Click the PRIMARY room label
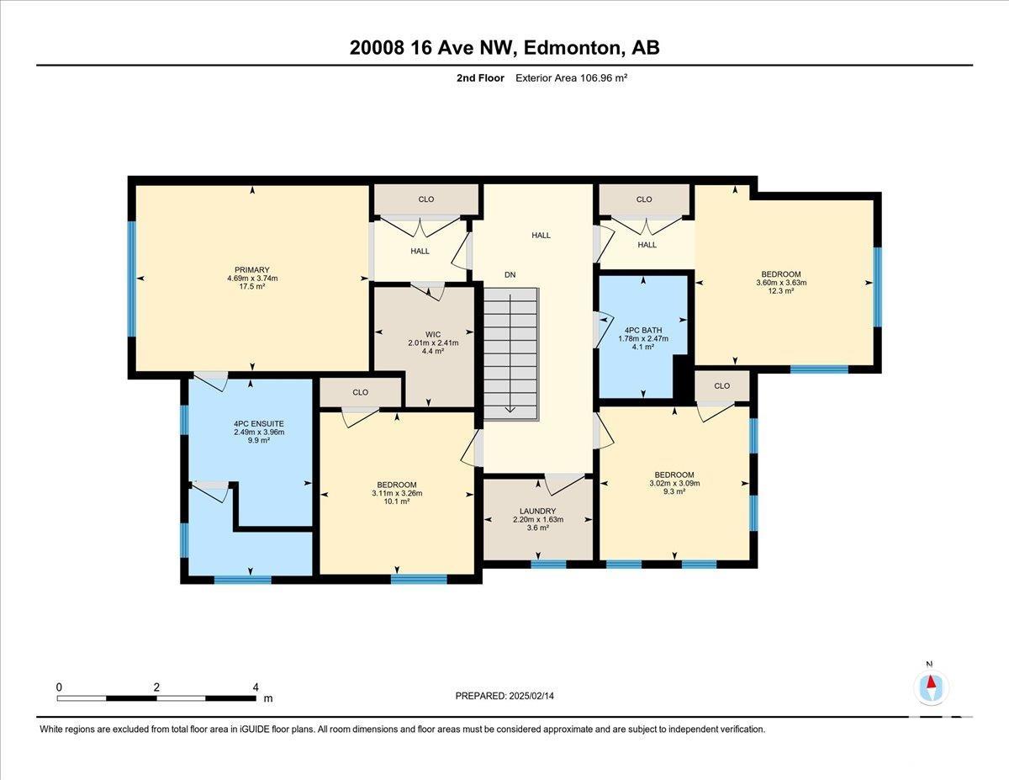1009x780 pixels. pyautogui.click(x=252, y=270)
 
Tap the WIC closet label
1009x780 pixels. pyautogui.click(x=433, y=335)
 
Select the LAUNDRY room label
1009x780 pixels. pyautogui.click(x=538, y=511)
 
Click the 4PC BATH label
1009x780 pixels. pyautogui.click(x=643, y=331)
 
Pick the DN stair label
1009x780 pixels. pyautogui.click(x=510, y=274)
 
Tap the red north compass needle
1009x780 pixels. pyautogui.click(x=931, y=682)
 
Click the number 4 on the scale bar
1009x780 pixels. pyautogui.click(x=256, y=687)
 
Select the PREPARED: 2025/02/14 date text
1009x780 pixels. pyautogui.click(x=504, y=696)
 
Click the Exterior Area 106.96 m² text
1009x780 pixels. pyautogui.click(x=571, y=78)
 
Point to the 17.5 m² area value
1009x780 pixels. pyautogui.click(x=252, y=287)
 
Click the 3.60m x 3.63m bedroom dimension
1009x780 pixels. pyautogui.click(x=781, y=283)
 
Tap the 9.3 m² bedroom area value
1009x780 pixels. pyautogui.click(x=674, y=491)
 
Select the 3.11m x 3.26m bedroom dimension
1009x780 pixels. pyautogui.click(x=397, y=493)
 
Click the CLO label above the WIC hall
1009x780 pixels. pyautogui.click(x=426, y=199)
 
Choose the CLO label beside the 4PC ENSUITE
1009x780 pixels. pyautogui.click(x=361, y=392)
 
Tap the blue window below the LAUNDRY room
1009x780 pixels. pyautogui.click(x=548, y=564)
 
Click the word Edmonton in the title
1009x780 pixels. pyautogui.click(x=573, y=48)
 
